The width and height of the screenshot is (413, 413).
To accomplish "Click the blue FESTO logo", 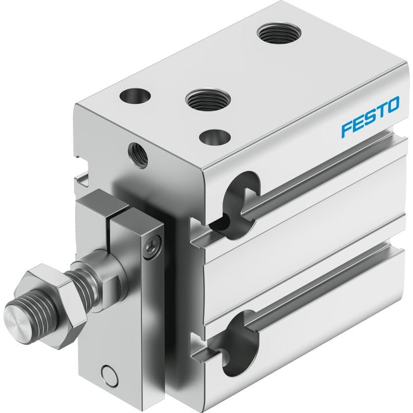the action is [x=370, y=117].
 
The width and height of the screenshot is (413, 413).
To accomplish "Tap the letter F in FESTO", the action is [x=347, y=129].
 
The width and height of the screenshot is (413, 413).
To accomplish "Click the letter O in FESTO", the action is [x=392, y=105].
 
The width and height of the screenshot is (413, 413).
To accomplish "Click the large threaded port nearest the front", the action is [x=208, y=100].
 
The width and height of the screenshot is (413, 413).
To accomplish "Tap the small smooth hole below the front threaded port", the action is [x=215, y=137].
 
